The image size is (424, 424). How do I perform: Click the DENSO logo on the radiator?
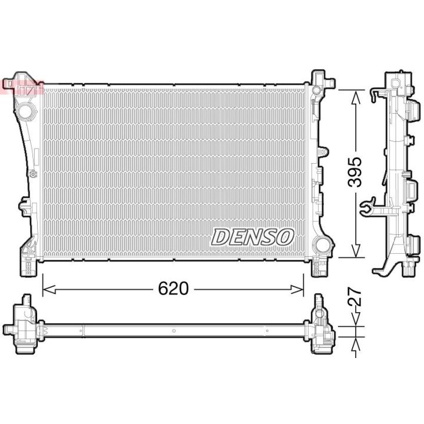point(253,237)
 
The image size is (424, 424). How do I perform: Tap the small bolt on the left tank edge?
point(33,174)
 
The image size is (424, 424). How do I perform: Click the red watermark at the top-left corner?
point(22,88)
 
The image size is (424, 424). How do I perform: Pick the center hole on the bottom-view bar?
point(174,330)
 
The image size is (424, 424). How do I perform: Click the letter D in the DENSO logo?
point(221,237)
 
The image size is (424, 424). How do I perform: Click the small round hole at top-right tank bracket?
point(317,90)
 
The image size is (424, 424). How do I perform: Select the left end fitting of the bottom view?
point(22,327)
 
